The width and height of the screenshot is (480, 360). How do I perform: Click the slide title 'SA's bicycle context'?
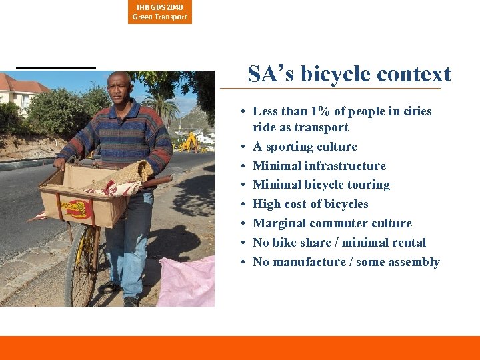[x=349, y=74]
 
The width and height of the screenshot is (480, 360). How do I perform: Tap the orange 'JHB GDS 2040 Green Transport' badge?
[x=160, y=12]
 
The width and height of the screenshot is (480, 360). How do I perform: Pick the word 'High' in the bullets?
[x=267, y=204]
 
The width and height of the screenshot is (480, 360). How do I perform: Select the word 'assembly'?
[x=414, y=262]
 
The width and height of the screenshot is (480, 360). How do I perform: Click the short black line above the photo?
[x=56, y=67]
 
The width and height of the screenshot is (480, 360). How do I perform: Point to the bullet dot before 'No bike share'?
[x=245, y=243]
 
